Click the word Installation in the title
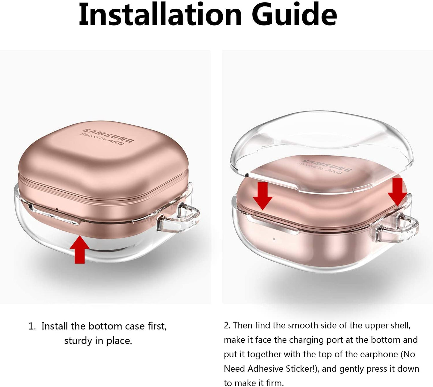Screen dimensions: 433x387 pyautogui.click(x=160, y=15)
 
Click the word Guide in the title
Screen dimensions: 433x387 pyautogui.click(x=294, y=15)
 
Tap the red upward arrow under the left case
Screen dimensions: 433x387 pyautogui.click(x=79, y=249)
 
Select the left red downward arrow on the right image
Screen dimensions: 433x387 pyautogui.click(x=263, y=196)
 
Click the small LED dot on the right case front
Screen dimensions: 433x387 pyautogui.click(x=274, y=239)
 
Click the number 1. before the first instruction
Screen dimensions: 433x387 pyautogui.click(x=32, y=326)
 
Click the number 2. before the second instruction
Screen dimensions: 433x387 pyautogui.click(x=227, y=326)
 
